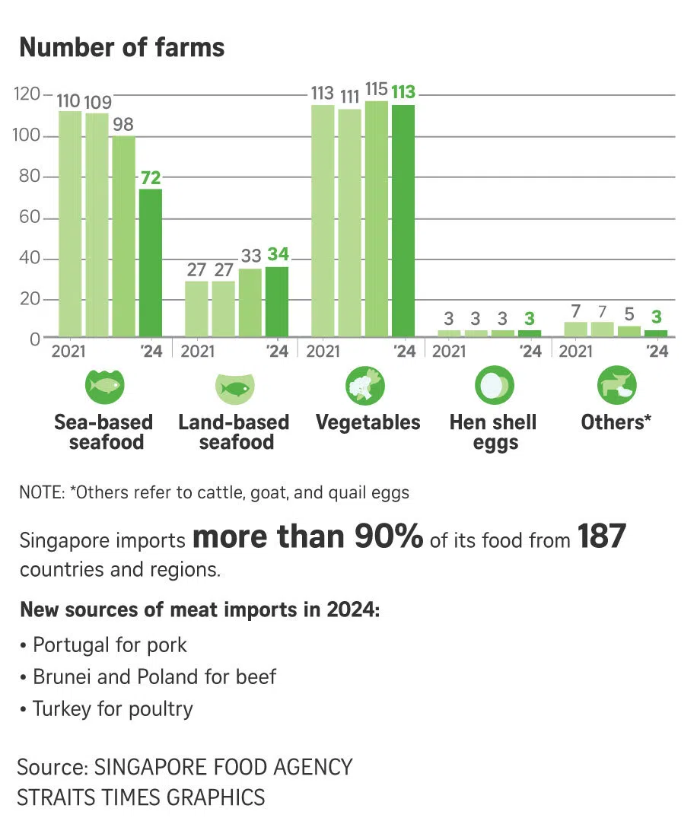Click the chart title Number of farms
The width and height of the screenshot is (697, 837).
click(x=122, y=47)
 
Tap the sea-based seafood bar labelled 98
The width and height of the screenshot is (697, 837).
click(x=123, y=237)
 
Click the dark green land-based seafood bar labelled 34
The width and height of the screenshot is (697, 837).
click(x=276, y=301)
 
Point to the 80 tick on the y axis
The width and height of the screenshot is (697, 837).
click(x=29, y=177)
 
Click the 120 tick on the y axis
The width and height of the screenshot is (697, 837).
click(x=27, y=95)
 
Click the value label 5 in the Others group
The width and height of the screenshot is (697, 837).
click(x=629, y=314)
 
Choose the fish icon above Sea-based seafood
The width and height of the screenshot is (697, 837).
click(x=103, y=385)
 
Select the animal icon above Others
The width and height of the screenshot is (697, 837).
click(x=616, y=385)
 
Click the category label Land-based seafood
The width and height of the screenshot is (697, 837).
click(x=234, y=432)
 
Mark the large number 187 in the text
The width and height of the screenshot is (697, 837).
click(x=601, y=537)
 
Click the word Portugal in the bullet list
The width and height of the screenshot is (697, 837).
click(x=72, y=645)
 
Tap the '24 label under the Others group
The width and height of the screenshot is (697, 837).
click(x=656, y=352)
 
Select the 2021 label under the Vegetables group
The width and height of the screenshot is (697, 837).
click(x=323, y=352)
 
